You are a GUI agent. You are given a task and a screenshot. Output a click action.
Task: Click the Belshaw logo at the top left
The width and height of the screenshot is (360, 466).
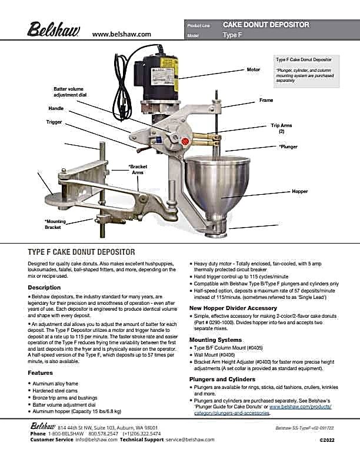point(54,29)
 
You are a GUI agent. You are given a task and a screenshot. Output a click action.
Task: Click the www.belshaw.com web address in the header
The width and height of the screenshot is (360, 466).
point(122,34)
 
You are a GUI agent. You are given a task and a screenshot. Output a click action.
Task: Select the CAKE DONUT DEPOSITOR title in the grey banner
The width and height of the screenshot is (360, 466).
point(266,25)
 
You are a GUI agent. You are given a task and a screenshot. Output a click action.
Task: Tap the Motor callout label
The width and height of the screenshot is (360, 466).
point(254,69)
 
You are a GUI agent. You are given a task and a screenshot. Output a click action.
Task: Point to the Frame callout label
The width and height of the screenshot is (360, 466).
point(266,100)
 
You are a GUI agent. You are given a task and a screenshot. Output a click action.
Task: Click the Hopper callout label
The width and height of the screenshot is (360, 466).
point(299,191)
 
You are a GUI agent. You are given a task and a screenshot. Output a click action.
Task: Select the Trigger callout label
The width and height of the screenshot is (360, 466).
point(54,122)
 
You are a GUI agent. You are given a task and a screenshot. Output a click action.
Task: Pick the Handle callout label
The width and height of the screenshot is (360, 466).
point(56,108)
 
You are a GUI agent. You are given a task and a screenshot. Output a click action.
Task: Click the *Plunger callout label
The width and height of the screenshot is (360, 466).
point(288,147)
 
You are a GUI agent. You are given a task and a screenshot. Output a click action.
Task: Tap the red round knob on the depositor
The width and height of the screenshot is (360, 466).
point(185,141)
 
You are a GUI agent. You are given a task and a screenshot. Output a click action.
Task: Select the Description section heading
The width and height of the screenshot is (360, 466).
point(44,287)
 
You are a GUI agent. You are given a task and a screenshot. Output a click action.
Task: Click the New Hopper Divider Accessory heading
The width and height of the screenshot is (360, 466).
point(233,308)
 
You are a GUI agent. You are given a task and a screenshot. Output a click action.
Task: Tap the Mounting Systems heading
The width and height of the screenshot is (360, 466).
point(216,339)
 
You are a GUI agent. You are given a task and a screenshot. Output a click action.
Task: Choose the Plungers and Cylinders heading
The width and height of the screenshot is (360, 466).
point(222,380)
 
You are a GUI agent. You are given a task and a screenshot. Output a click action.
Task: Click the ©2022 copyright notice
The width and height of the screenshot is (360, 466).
point(326,440)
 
